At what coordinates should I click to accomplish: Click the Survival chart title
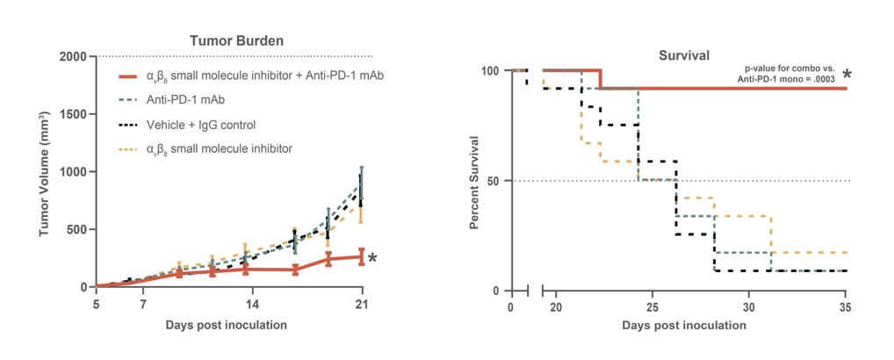point(684,56)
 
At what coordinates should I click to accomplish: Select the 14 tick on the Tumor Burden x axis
point(251,305)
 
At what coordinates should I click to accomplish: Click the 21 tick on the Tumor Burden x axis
point(360,305)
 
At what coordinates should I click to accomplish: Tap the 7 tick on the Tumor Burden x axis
point(142,305)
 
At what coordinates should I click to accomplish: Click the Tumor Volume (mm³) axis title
point(45,173)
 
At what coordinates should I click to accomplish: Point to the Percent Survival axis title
point(474,182)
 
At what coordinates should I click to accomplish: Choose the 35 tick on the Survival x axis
point(845,308)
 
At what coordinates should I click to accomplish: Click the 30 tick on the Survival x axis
point(748,308)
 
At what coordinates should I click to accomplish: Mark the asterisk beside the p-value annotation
point(847,76)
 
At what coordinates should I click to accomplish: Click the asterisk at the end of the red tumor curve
point(372,258)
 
